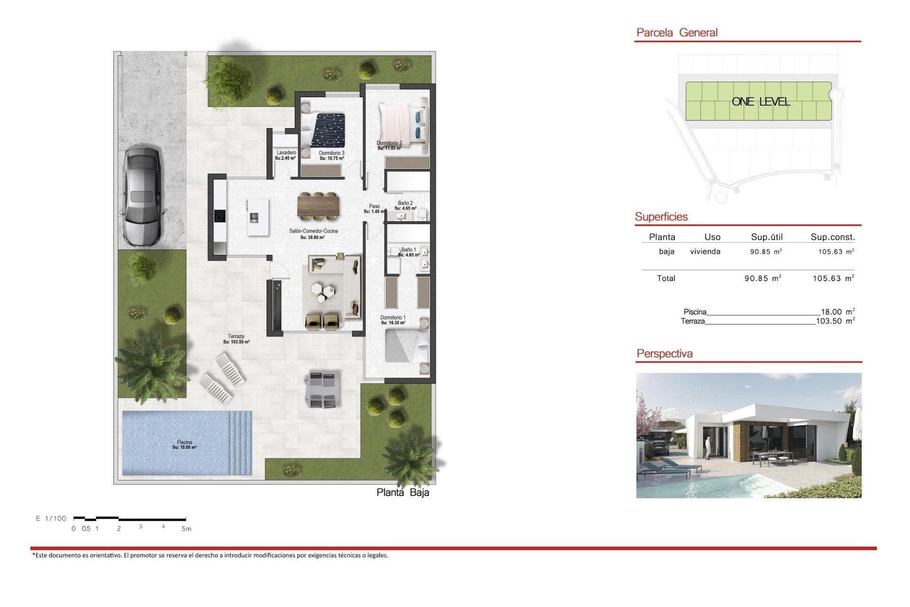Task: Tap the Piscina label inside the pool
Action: point(184,444)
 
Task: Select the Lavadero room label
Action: point(286,155)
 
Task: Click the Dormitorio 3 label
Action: point(331,156)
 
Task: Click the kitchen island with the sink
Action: point(257,217)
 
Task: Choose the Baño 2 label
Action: point(405,205)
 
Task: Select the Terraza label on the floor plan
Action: point(236,339)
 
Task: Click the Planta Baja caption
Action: point(403,492)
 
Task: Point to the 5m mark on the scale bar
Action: point(186,528)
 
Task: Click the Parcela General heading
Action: point(676,33)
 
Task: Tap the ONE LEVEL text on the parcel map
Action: point(760,101)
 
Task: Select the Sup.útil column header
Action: point(766,237)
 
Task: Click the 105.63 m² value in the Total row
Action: point(833,278)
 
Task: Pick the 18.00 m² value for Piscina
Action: point(837,312)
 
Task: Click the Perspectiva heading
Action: point(664,353)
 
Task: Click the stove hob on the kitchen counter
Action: point(220,216)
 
